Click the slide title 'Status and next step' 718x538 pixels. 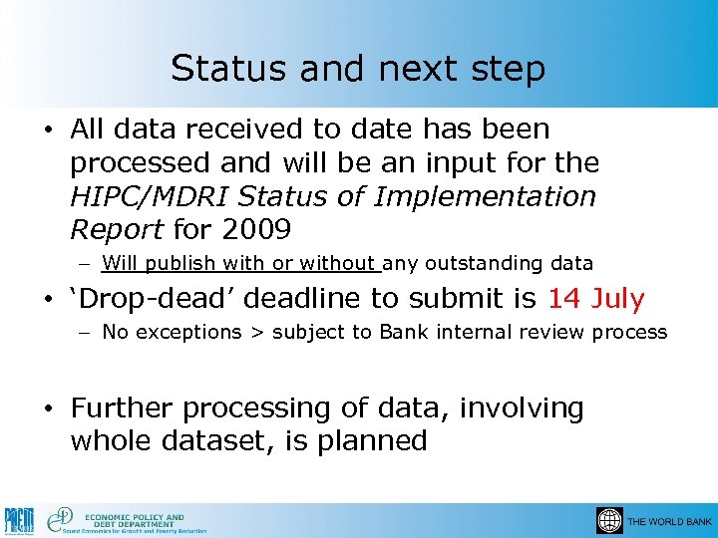click(x=358, y=69)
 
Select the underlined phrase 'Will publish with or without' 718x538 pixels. click(x=240, y=264)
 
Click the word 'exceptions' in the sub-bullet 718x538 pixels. click(x=189, y=332)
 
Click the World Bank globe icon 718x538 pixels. click(x=608, y=520)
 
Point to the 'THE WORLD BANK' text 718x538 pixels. click(x=669, y=521)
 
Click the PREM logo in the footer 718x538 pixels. click(x=19, y=521)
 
